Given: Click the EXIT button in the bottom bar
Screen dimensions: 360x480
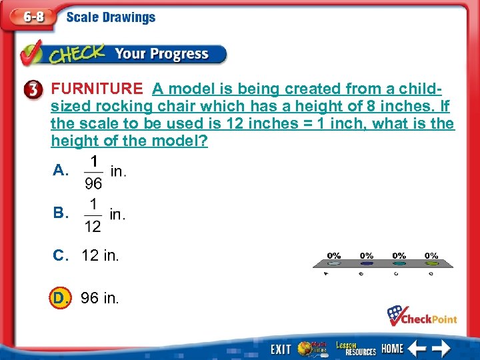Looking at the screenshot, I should (281, 349).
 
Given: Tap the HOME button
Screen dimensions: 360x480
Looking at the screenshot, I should (393, 349).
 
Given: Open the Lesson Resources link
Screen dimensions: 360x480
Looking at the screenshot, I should (355, 348).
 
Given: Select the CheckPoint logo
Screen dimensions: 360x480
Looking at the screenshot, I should (422, 316).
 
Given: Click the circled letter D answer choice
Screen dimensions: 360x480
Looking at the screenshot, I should (60, 297).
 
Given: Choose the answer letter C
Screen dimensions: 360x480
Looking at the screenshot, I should (60, 255).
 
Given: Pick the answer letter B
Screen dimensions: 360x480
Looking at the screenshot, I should (60, 214).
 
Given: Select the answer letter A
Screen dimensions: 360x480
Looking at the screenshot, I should (60, 171).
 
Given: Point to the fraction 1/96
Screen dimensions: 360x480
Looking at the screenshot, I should (93, 171).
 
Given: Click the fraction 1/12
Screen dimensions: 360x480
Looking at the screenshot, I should (93, 215).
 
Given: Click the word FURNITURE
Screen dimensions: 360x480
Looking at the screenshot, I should (97, 89).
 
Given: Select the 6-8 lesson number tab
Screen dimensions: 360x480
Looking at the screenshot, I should (31, 18).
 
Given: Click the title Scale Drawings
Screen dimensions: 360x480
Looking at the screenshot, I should (111, 17).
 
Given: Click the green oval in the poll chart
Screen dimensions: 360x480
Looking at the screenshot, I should (431, 264).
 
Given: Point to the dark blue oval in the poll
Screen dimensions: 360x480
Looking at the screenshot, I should (366, 264).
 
